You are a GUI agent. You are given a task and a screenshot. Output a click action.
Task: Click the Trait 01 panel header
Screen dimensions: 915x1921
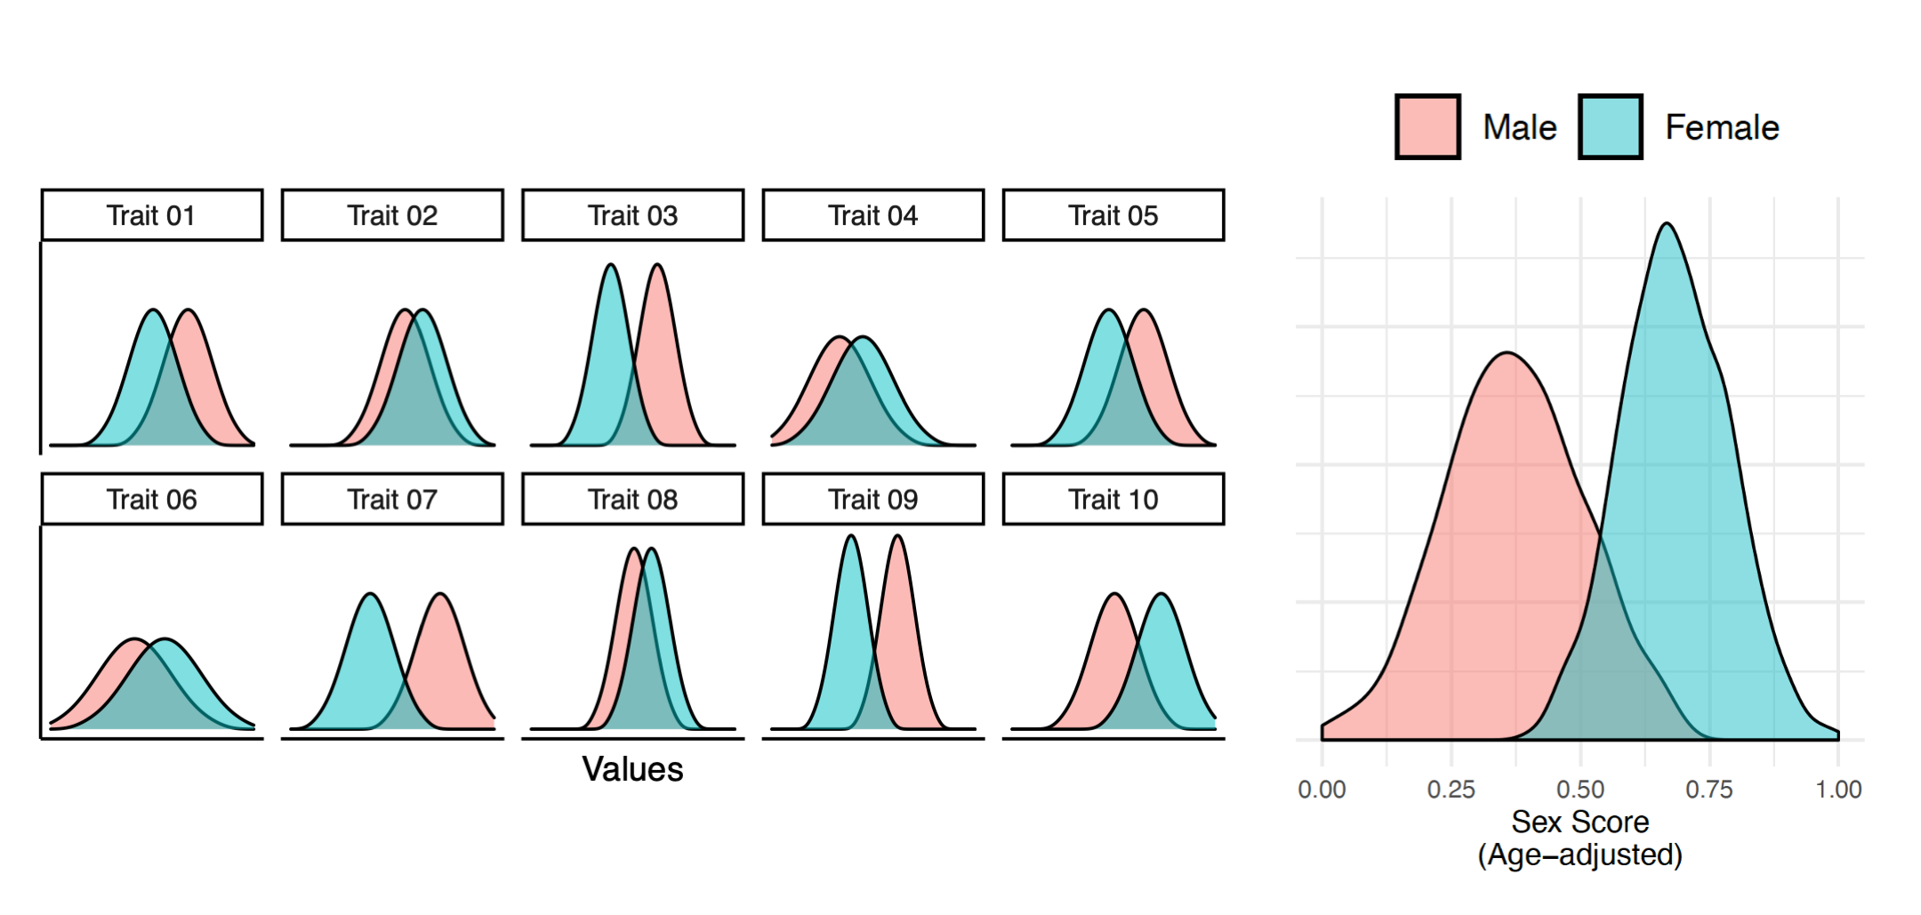coord(152,215)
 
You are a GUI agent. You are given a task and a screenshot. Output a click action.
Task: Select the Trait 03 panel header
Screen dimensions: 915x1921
coord(632,215)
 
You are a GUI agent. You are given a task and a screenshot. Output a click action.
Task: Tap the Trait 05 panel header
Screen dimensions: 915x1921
coord(1113,215)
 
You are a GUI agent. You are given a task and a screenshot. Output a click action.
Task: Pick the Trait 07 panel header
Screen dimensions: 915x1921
coord(392,499)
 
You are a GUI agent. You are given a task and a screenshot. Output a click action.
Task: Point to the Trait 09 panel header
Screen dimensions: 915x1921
coord(872,499)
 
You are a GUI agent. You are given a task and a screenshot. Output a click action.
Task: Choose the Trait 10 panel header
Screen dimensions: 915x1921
coord(1113,499)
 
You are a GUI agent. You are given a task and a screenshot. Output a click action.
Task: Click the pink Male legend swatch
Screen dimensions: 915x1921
coord(1427,127)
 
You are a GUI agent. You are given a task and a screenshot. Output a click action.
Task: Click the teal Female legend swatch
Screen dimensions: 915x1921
coord(1610,127)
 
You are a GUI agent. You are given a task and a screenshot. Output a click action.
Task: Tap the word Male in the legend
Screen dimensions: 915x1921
coord(1519,128)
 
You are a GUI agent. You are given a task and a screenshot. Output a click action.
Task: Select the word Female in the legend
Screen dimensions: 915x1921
coord(1722,128)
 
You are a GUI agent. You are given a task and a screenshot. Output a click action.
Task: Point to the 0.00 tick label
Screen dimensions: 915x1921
coord(1322,790)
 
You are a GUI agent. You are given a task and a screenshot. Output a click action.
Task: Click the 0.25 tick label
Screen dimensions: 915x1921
coord(1451,790)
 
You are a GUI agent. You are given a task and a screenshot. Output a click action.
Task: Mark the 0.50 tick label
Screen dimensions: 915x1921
coord(1580,790)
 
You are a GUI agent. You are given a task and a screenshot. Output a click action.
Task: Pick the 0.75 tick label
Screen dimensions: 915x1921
coord(1709,790)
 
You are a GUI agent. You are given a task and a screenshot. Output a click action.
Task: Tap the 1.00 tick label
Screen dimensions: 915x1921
coord(1838,790)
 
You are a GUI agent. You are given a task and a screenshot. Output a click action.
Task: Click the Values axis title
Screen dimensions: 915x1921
coord(632,769)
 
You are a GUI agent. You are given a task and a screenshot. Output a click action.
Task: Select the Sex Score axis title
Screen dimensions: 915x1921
coord(1579,822)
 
